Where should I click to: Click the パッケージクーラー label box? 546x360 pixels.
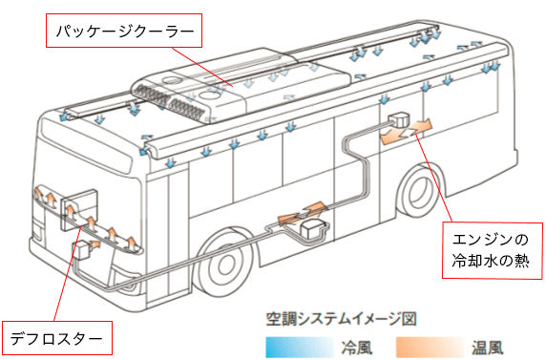tap(124, 31)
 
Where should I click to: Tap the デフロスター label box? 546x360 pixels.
tap(57, 338)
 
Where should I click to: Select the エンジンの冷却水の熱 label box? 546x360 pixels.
tap(493, 250)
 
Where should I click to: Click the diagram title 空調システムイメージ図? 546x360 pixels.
tap(342, 319)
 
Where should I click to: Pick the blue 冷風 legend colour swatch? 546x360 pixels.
tap(300, 347)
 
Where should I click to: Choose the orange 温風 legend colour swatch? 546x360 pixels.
tap(430, 347)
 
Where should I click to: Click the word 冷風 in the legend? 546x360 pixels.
tap(357, 348)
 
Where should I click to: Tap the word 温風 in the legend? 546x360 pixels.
tap(488, 348)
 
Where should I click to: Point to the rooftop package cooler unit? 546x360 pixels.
tap(241, 85)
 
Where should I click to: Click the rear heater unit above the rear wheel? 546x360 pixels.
tap(398, 118)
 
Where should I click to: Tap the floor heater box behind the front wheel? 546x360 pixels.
tap(313, 229)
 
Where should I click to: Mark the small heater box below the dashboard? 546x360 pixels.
tap(82, 250)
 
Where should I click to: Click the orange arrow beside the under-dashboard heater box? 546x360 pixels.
tap(95, 244)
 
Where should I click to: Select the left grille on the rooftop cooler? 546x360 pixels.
tap(152, 95)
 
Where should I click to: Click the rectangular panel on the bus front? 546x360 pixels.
tap(78, 210)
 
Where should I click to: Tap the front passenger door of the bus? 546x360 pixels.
tap(168, 237)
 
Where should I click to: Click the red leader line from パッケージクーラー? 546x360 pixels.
tap(202, 66)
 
